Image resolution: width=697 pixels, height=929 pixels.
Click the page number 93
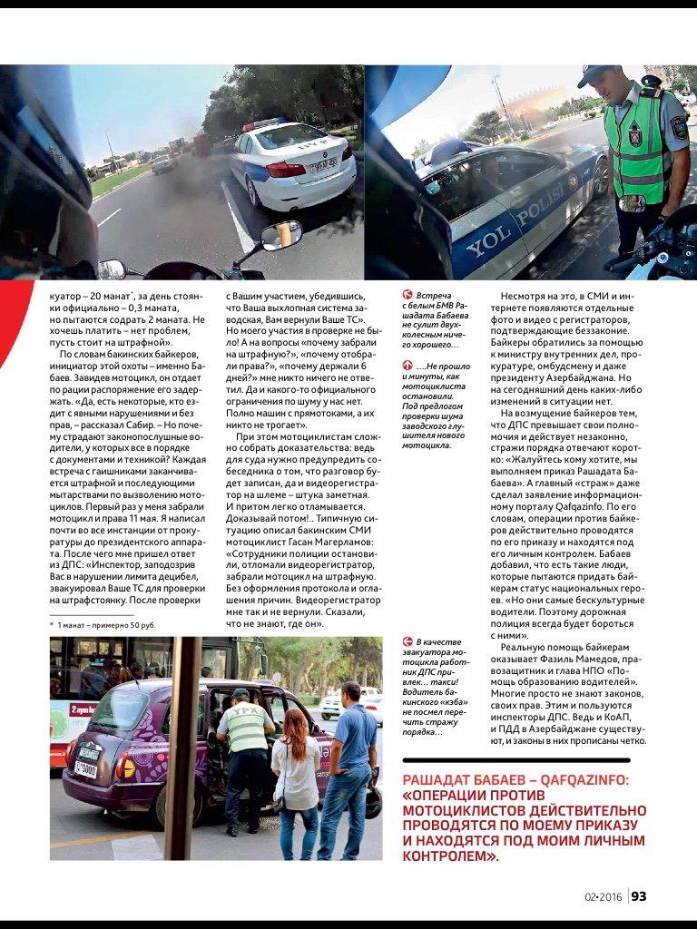[x=639, y=897]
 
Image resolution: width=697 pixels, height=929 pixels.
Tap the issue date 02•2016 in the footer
[x=604, y=897]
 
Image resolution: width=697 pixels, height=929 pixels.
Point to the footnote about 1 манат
[x=103, y=625]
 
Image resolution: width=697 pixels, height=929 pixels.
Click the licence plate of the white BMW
[x=322, y=166]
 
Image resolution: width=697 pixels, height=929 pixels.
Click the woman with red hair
[x=296, y=762]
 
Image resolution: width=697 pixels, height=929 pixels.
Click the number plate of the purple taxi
[x=86, y=760]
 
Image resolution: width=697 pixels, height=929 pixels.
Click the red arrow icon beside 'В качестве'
[x=407, y=642]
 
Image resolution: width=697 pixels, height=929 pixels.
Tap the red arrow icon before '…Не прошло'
[x=407, y=365]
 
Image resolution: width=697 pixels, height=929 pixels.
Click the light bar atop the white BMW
[x=264, y=123]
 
